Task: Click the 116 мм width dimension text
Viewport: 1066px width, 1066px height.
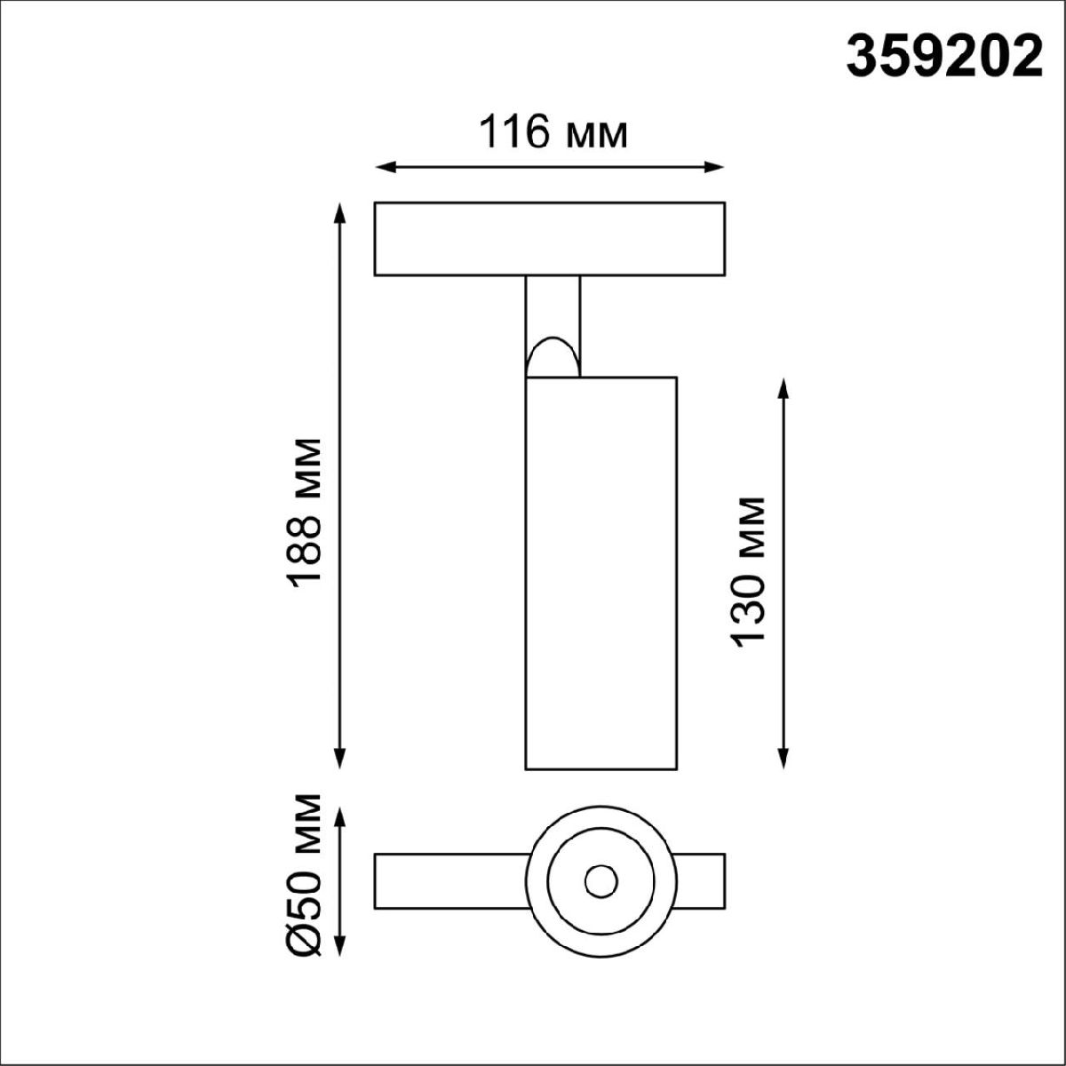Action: click(x=553, y=133)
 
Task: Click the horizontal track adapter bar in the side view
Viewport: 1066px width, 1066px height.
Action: click(x=549, y=239)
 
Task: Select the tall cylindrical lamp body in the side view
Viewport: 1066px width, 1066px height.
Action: click(x=601, y=572)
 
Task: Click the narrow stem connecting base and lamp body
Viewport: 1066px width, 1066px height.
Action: click(x=553, y=306)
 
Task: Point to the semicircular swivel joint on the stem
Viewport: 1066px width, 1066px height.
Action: click(x=551, y=359)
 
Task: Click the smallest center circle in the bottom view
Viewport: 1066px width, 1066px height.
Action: click(x=601, y=881)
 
